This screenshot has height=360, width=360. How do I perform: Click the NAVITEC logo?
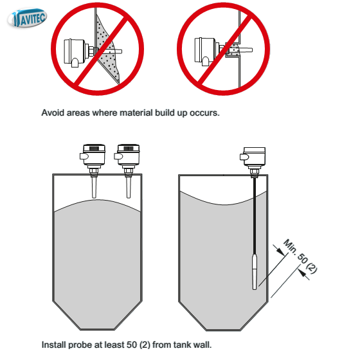coord(27,18)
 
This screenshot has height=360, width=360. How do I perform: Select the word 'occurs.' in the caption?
coord(204,113)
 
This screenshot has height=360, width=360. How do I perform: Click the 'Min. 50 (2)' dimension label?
coord(301,256)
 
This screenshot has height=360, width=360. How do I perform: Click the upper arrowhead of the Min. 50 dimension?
coord(280,251)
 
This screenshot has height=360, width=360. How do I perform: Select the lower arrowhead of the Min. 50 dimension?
coord(303,273)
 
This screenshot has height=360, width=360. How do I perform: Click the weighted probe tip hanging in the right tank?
coord(255,271)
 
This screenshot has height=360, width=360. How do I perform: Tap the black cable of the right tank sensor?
coord(255,216)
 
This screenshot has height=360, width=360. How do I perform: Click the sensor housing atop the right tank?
coord(253,157)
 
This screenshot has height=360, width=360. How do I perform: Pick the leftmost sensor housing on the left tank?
coord(93,154)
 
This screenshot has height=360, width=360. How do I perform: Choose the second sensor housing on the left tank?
coord(127,154)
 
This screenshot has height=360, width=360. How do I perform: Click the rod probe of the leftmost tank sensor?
coord(94,187)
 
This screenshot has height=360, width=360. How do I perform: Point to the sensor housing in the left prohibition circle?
coord(75,52)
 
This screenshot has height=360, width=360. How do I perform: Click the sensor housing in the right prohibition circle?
coord(205,51)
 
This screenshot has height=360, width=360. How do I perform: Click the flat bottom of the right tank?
coord(224,330)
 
